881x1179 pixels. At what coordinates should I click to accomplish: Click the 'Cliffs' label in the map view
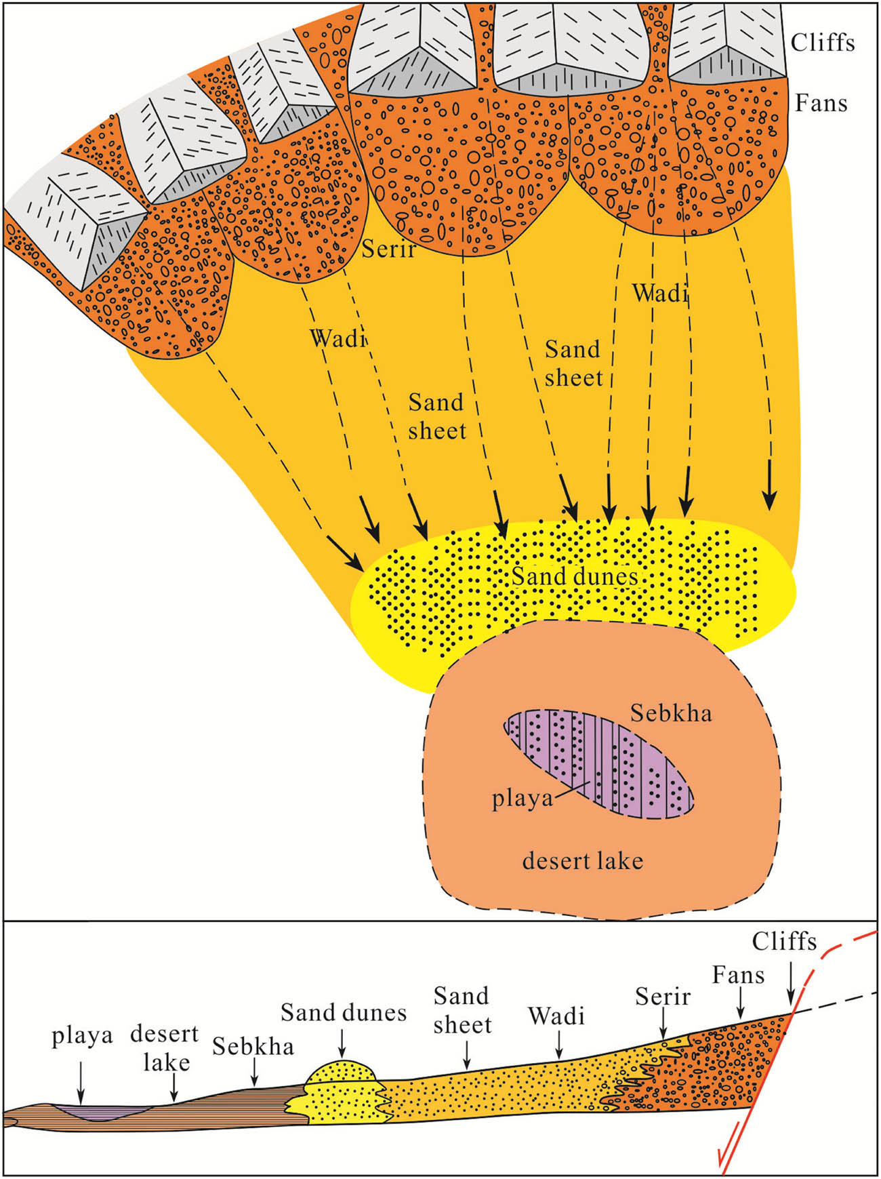point(823,43)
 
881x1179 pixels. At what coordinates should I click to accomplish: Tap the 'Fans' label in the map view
point(821,103)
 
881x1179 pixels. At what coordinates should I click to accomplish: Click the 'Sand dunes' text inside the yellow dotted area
point(575,576)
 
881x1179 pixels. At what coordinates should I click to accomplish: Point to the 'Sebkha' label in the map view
point(671,713)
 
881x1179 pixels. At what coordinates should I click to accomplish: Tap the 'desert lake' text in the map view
point(582,860)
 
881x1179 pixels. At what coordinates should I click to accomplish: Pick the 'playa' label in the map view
point(522,799)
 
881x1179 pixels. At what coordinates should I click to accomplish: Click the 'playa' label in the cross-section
point(82,1037)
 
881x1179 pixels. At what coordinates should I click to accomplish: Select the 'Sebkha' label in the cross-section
point(253,1046)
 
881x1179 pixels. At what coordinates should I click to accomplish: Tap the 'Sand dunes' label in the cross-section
point(344,1012)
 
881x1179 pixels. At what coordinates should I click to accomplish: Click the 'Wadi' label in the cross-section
point(556,1016)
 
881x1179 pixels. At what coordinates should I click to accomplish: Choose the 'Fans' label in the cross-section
point(738,975)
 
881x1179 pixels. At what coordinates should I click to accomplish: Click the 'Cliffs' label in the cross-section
point(784,941)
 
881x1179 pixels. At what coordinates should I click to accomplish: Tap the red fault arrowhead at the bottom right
point(724,1163)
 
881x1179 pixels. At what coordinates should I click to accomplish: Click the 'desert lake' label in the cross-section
point(165,1048)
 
